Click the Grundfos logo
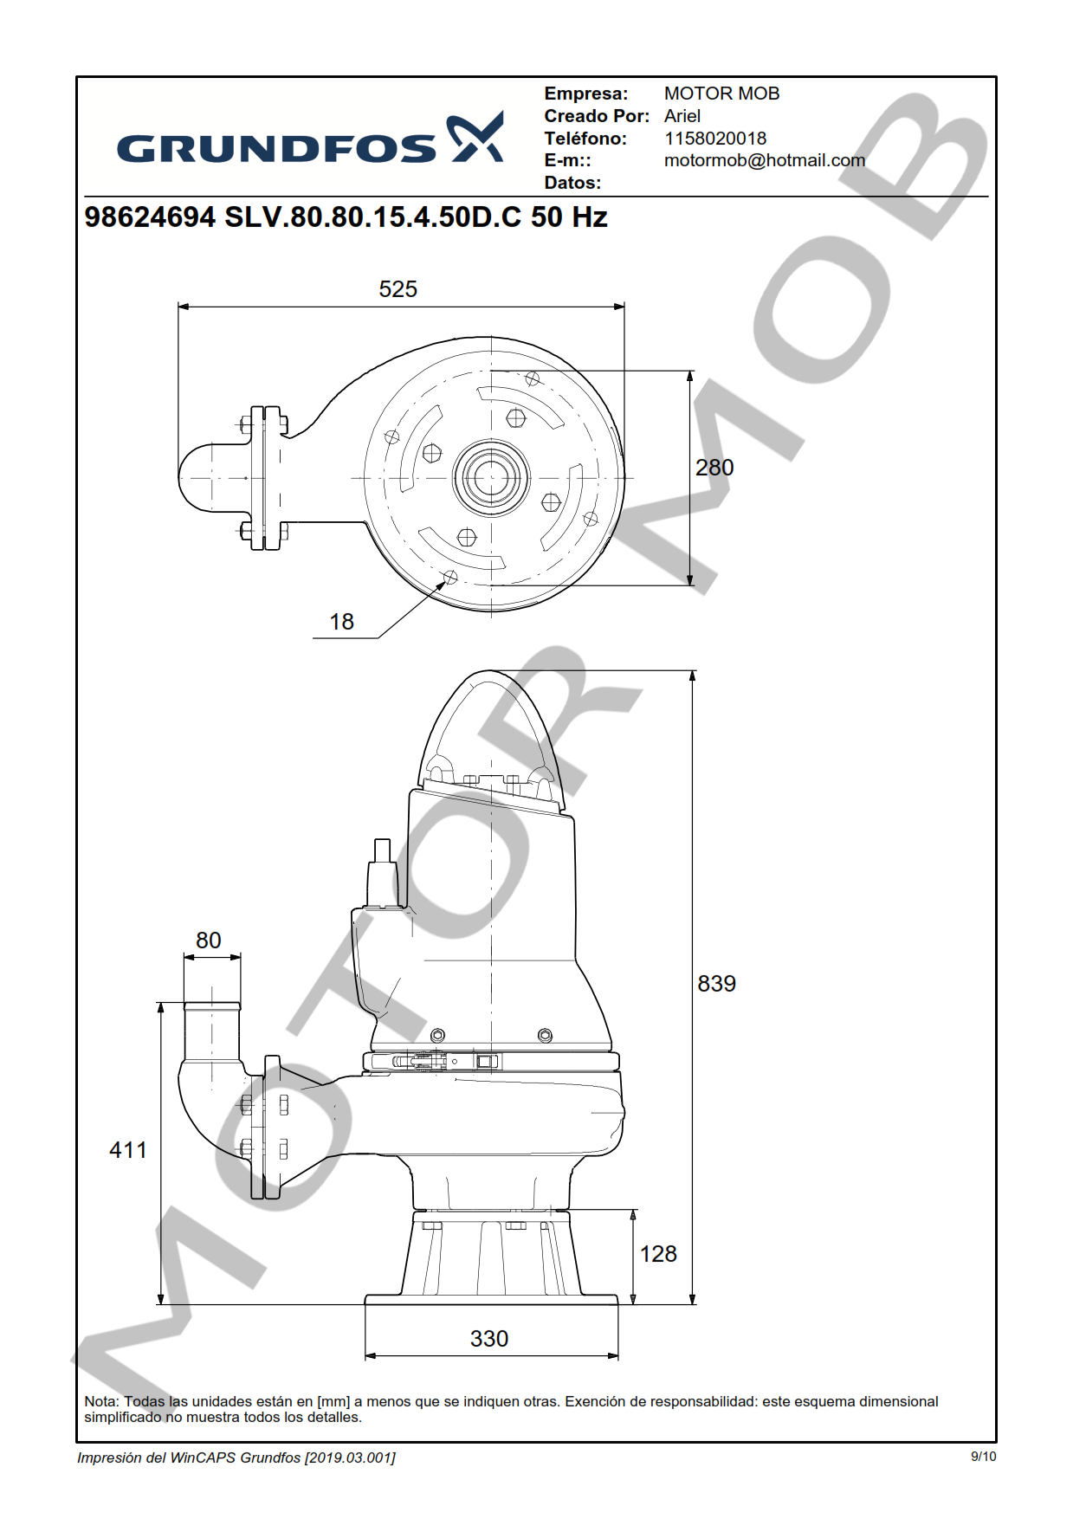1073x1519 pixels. pos(310,139)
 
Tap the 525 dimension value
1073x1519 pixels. pos(398,289)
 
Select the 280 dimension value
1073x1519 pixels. pos(714,468)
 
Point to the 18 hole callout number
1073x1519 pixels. pos(342,622)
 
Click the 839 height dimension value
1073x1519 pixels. pos(717,984)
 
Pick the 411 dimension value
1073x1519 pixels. pos(128,1150)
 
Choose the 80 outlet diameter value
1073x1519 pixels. pos(209,940)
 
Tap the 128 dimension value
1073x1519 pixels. pos(658,1254)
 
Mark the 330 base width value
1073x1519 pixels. pos(489,1339)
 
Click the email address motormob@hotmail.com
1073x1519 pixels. pos(765,160)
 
